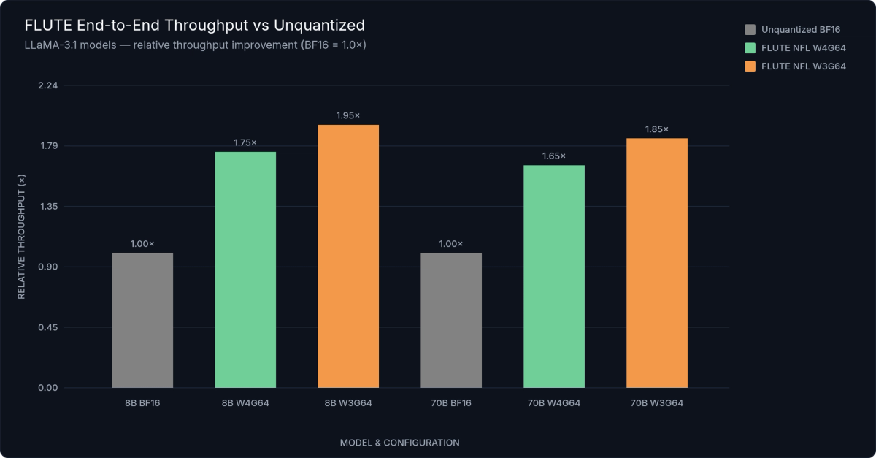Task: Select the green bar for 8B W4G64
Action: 245,270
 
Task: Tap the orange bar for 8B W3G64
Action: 348,256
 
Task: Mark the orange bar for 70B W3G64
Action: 657,263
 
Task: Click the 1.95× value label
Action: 348,115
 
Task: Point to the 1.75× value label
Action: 245,142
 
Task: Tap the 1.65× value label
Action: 554,156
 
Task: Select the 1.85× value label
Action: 657,129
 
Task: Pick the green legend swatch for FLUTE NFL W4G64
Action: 750,48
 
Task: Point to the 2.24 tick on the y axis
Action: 47,85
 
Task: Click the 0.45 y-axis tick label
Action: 47,327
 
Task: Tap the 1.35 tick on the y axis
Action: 47,207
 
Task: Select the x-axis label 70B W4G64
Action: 554,403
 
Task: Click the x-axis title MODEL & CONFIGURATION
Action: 399,443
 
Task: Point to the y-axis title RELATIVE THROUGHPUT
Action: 21,237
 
